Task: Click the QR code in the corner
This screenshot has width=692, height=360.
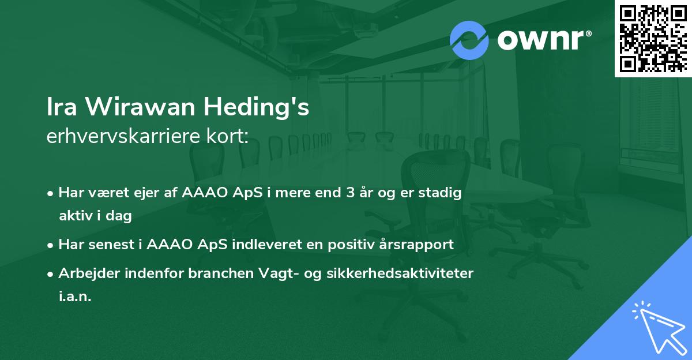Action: click(x=653, y=38)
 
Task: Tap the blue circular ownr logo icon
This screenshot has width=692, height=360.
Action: click(x=469, y=40)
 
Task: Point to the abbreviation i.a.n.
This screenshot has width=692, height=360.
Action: click(x=75, y=297)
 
